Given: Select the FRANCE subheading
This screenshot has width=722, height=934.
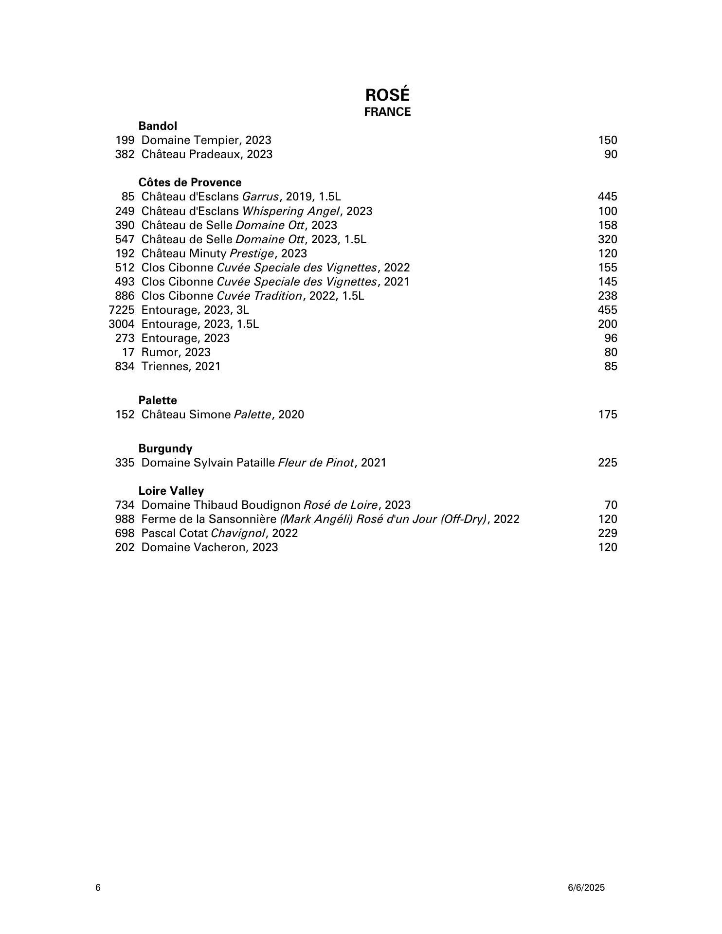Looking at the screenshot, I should pos(387,112).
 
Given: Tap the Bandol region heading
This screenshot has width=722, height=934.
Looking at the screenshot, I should pos(158,126).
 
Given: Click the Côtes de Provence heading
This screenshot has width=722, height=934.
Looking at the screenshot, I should pos(190,182).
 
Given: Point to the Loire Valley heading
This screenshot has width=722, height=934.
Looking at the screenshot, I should pos(171,491).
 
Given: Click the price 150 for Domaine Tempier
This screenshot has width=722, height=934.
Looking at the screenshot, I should pos(607,141).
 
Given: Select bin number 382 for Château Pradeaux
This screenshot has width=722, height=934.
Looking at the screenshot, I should pos(125,155).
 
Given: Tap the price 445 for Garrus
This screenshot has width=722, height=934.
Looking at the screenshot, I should pos(607,197).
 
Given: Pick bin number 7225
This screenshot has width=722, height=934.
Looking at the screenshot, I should pos(121,310).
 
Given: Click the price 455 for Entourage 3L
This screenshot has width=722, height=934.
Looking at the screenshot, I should pos(607,310).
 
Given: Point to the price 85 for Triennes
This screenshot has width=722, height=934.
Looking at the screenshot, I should pos(611,366).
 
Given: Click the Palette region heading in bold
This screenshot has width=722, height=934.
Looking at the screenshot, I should pos(158,400).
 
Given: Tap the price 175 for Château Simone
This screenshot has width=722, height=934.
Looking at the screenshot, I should pos(607,414).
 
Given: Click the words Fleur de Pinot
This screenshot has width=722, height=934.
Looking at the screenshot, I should pos(316,463).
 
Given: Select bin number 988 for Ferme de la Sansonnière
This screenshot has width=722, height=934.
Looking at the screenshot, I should pos(125,519).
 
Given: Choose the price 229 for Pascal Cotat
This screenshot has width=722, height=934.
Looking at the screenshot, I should pos(607,533).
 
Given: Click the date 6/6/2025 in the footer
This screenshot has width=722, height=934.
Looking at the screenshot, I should pos(586,887).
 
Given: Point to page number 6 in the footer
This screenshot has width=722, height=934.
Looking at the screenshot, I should pos(98,887).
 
